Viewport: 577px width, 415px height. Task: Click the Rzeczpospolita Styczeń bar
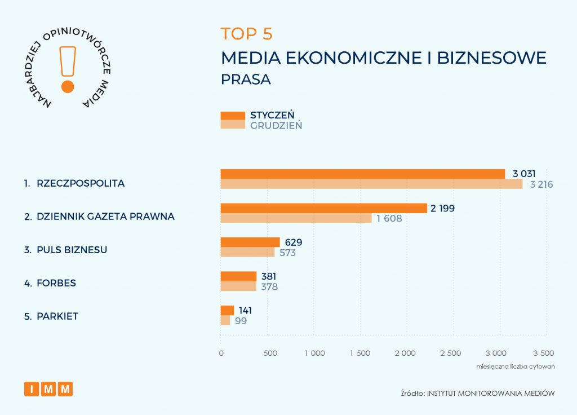362,174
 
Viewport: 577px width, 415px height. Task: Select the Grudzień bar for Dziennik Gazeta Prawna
296,218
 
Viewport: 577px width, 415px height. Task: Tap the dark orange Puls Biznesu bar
250,242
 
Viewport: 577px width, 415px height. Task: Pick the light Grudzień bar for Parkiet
225,321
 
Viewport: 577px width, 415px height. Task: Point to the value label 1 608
389,218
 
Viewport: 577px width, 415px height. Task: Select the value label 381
269,276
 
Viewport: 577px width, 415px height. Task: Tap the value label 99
241,321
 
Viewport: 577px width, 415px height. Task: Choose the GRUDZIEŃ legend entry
276,125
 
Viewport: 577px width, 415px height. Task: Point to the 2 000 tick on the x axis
405,354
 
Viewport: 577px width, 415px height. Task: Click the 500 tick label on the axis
270,354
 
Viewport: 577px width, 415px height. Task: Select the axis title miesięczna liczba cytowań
516,367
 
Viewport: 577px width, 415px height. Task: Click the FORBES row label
56,282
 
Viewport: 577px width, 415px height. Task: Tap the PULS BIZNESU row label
72,250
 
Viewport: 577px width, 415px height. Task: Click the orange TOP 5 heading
246,34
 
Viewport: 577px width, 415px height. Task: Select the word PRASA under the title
246,80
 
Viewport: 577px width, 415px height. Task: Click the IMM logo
48,388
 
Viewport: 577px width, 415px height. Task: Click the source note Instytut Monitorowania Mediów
478,392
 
